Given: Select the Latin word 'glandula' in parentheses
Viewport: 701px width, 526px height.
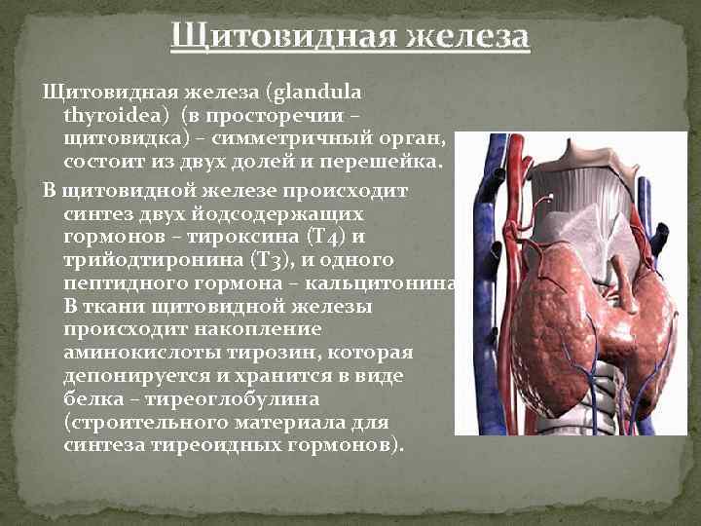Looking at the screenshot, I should point(317,93).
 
